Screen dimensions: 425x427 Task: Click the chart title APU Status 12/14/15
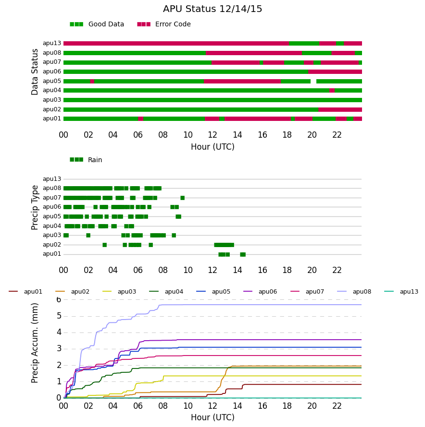coord(212,9)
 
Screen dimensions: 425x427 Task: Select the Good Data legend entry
coord(97,24)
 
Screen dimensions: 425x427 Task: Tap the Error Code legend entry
coord(164,24)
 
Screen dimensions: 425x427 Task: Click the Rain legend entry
coord(86,160)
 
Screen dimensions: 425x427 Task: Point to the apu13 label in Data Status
coord(52,43)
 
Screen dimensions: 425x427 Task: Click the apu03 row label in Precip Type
coord(52,235)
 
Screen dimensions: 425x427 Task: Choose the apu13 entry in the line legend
coord(401,292)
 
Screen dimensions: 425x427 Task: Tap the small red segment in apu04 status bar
coord(332,90)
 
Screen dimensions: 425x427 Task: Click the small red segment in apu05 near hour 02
coord(92,81)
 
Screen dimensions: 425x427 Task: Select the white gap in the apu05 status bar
coord(313,81)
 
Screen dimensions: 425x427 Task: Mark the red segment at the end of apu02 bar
coord(340,109)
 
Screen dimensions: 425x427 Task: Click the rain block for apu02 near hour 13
coord(224,245)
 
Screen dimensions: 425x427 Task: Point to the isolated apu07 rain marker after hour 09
coord(183,198)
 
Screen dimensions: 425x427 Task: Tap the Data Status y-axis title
coord(35,72)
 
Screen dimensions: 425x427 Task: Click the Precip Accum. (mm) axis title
coord(35,343)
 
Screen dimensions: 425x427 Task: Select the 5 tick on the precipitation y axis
coord(59,316)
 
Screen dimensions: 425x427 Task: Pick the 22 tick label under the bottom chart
coord(337,406)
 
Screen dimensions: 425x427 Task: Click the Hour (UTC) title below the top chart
coord(212,147)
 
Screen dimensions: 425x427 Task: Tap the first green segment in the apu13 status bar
coord(304,43)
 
